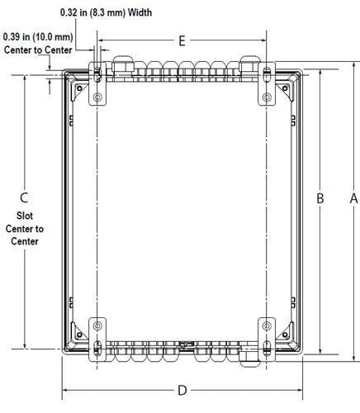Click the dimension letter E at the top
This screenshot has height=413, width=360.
[x=182, y=40]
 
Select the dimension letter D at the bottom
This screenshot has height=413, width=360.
[x=182, y=391]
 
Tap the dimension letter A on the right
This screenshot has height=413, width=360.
[x=353, y=198]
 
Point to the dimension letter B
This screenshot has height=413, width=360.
[x=320, y=198]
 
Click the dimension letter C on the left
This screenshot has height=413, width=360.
[x=24, y=197]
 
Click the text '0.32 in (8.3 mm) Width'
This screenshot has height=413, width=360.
[x=106, y=12]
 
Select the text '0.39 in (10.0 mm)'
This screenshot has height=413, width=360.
[x=38, y=37]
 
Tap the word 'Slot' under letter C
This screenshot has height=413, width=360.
[x=25, y=216]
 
